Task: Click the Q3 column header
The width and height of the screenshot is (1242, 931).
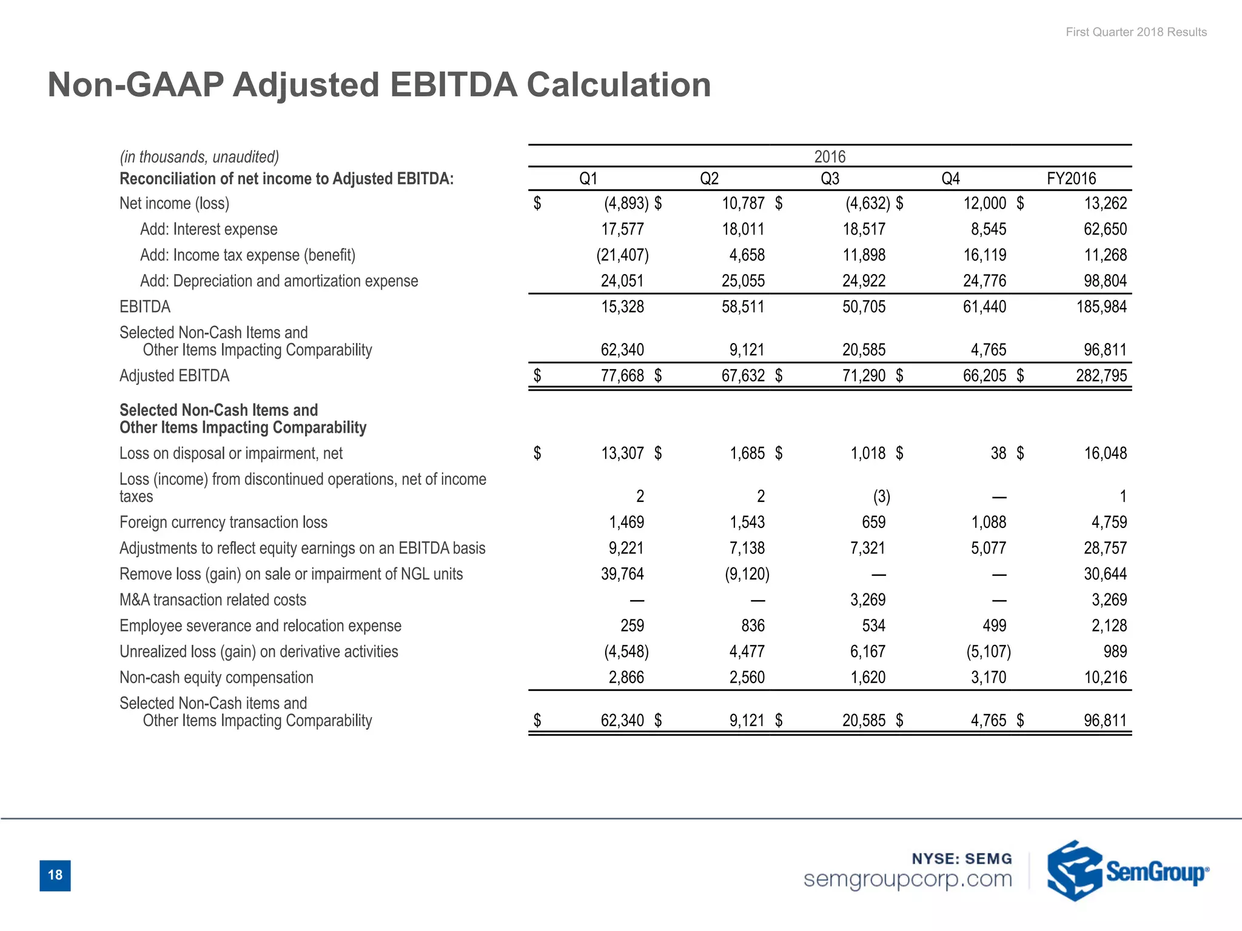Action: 830,179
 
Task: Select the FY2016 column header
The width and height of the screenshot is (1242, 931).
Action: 1071,179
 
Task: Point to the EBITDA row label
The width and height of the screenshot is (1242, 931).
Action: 145,307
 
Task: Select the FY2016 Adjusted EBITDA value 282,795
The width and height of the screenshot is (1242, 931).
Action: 1101,376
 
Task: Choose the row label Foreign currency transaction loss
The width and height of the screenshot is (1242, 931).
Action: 223,522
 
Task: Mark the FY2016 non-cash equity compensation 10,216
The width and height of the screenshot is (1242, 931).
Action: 1105,678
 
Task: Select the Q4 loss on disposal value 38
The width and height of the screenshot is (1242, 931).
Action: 998,453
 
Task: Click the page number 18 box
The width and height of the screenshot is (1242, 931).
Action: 55,875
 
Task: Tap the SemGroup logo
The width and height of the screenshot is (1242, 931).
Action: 1127,871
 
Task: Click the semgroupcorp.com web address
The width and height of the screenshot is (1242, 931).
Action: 907,879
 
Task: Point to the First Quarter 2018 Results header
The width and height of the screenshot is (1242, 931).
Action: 1136,32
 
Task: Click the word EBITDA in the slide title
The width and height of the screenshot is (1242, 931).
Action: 453,84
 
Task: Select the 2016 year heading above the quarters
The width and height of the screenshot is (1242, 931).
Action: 830,156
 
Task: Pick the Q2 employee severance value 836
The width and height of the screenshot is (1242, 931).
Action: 753,626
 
